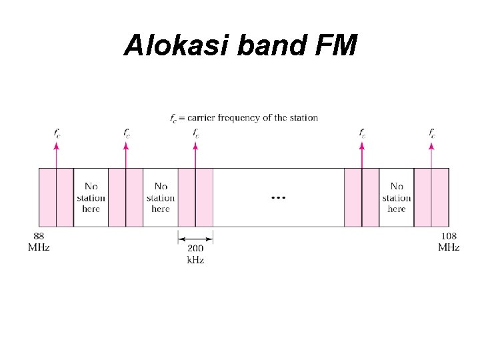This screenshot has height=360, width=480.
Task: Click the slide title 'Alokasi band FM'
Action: tap(240, 45)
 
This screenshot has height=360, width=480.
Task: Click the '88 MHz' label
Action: tap(39, 242)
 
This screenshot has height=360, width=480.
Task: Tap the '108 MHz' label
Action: tap(449, 242)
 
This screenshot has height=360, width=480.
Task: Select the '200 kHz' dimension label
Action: tap(195, 253)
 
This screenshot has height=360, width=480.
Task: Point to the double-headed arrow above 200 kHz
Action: tap(195, 237)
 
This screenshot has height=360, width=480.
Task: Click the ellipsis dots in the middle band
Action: tap(278, 198)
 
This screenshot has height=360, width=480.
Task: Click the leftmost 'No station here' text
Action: tap(91, 197)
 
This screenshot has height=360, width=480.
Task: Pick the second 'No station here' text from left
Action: tap(161, 197)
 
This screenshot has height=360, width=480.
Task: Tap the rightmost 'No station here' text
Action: tap(397, 197)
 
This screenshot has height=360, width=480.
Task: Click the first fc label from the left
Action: tap(57, 133)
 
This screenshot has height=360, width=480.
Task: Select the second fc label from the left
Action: tap(126, 133)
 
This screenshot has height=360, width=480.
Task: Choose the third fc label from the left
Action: tap(195, 133)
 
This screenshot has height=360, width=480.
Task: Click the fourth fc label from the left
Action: tap(362, 133)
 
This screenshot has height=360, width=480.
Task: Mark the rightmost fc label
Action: tap(432, 133)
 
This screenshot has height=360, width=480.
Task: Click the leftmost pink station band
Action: tap(56, 197)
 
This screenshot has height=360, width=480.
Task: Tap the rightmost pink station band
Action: tap(431, 197)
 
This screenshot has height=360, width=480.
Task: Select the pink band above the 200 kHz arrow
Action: tap(195, 197)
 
